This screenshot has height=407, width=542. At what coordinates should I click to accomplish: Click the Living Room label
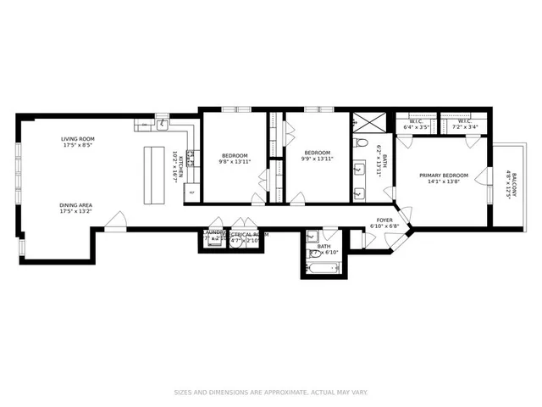[76, 138]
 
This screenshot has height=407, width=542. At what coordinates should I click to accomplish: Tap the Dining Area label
[76, 205]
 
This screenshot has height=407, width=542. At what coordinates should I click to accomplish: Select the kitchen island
[153, 175]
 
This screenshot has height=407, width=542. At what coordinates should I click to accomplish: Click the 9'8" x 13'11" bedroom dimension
[235, 162]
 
